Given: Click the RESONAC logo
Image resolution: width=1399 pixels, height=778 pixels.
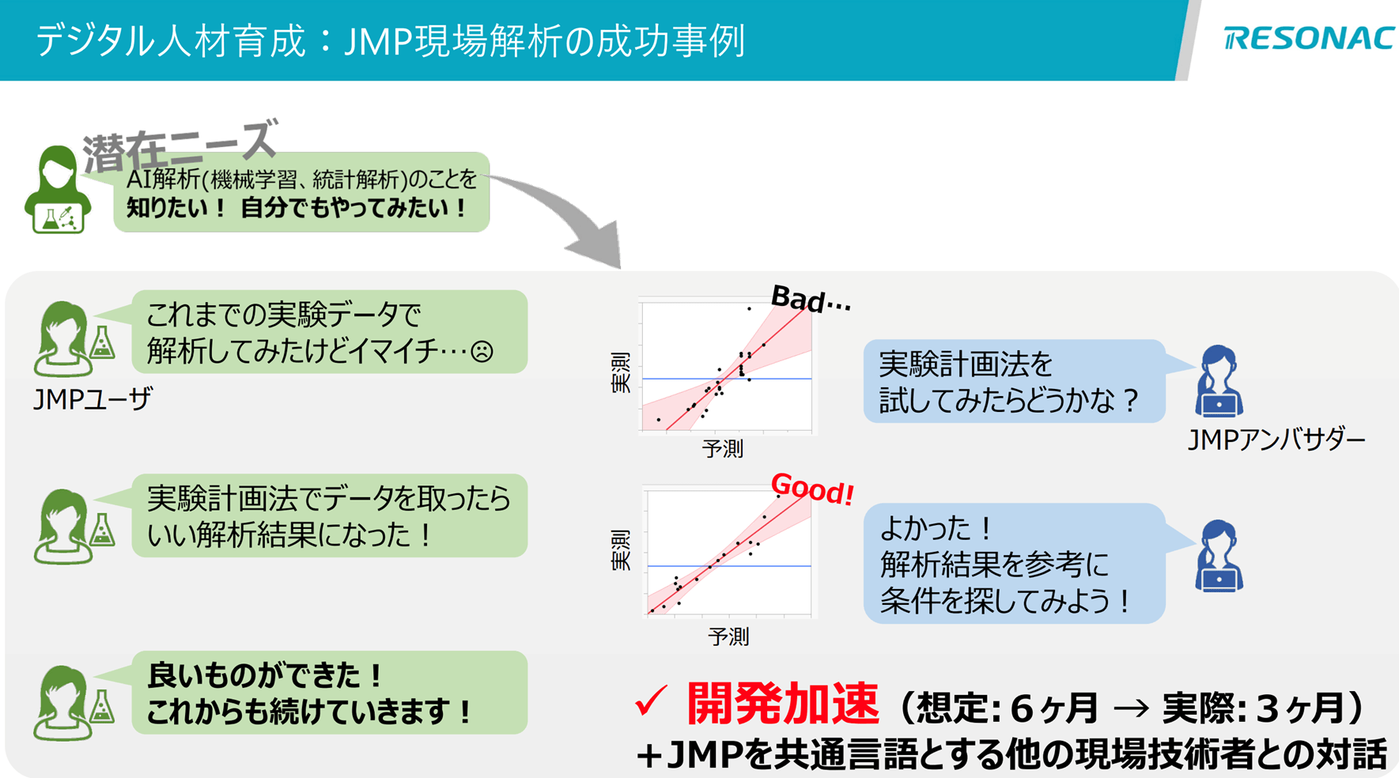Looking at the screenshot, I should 1309,38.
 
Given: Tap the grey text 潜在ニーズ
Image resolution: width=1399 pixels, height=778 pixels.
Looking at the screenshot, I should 180,145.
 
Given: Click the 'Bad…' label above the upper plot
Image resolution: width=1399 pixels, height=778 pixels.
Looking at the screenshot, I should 810,300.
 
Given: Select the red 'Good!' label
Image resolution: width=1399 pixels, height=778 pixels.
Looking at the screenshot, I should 812,489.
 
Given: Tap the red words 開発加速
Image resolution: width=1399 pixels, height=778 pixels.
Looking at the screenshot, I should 782,704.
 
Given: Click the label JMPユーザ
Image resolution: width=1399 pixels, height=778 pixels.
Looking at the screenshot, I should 93,399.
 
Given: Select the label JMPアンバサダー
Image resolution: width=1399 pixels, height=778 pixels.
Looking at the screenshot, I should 1276,440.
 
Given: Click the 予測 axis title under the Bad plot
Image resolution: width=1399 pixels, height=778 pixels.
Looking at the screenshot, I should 722,449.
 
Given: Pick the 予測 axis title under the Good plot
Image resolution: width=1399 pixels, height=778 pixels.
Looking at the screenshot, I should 728,636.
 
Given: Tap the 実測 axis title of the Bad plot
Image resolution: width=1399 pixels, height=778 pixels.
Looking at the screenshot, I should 622,372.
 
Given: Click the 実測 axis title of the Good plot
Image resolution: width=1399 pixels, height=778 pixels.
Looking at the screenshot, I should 622,550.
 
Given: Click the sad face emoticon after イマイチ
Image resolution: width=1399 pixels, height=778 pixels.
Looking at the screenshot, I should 482,351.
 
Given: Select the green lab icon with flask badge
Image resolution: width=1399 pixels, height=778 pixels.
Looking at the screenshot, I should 57,191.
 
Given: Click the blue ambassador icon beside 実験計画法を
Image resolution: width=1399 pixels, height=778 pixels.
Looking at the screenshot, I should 1219,380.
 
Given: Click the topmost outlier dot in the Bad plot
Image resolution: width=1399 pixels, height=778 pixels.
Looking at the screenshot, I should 749,308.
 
